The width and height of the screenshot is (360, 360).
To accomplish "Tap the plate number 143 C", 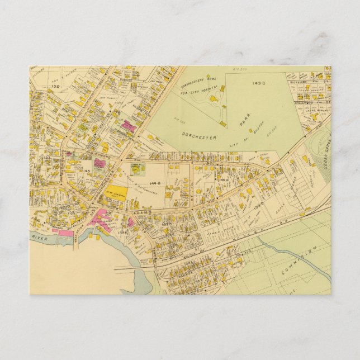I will coord(258,83).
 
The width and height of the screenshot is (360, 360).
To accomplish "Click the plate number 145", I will coord(87,171).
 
